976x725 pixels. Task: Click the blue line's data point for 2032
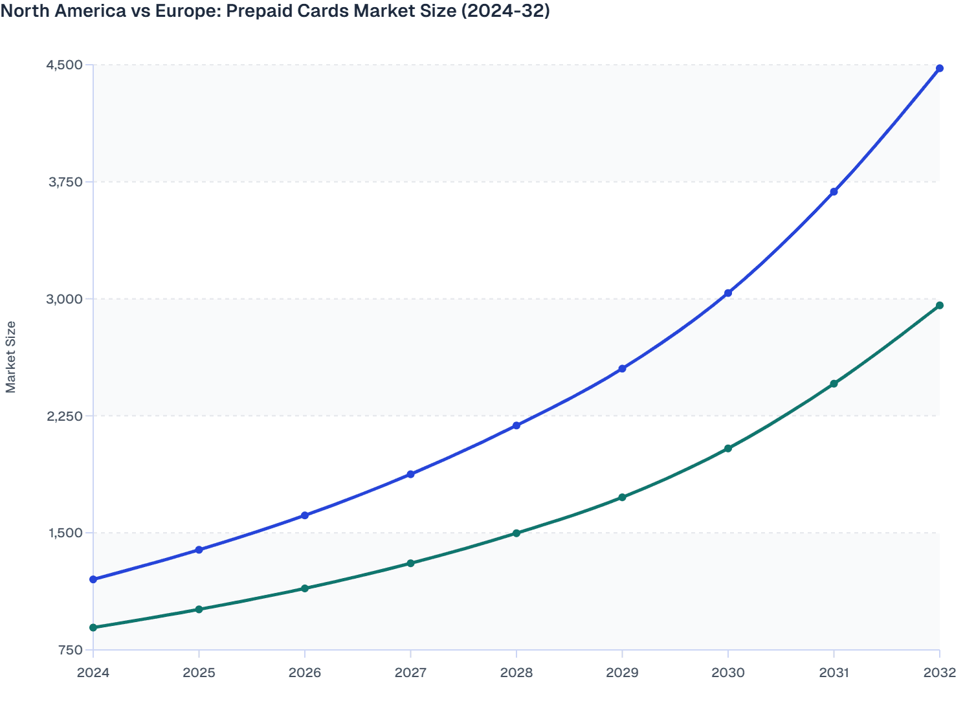point(939,69)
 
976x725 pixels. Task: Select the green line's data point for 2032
point(939,306)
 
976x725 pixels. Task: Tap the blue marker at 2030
point(727,293)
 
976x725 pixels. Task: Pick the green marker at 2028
point(516,533)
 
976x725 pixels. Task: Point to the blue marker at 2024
point(93,579)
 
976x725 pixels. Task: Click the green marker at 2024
point(93,628)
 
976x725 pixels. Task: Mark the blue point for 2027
point(410,474)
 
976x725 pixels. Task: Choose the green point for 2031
point(834,384)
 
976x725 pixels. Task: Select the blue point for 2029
point(622,369)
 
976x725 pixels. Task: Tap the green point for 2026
point(305,588)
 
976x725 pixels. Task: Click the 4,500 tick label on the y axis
point(65,65)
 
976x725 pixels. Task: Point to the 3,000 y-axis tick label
point(65,299)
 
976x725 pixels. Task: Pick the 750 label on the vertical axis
point(71,650)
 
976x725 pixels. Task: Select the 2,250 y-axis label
point(65,416)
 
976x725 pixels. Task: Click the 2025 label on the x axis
point(199,673)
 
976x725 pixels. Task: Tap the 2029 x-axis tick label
point(622,673)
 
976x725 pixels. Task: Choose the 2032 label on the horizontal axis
point(939,673)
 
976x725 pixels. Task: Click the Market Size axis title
point(11,357)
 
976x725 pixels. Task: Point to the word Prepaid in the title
point(256,11)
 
